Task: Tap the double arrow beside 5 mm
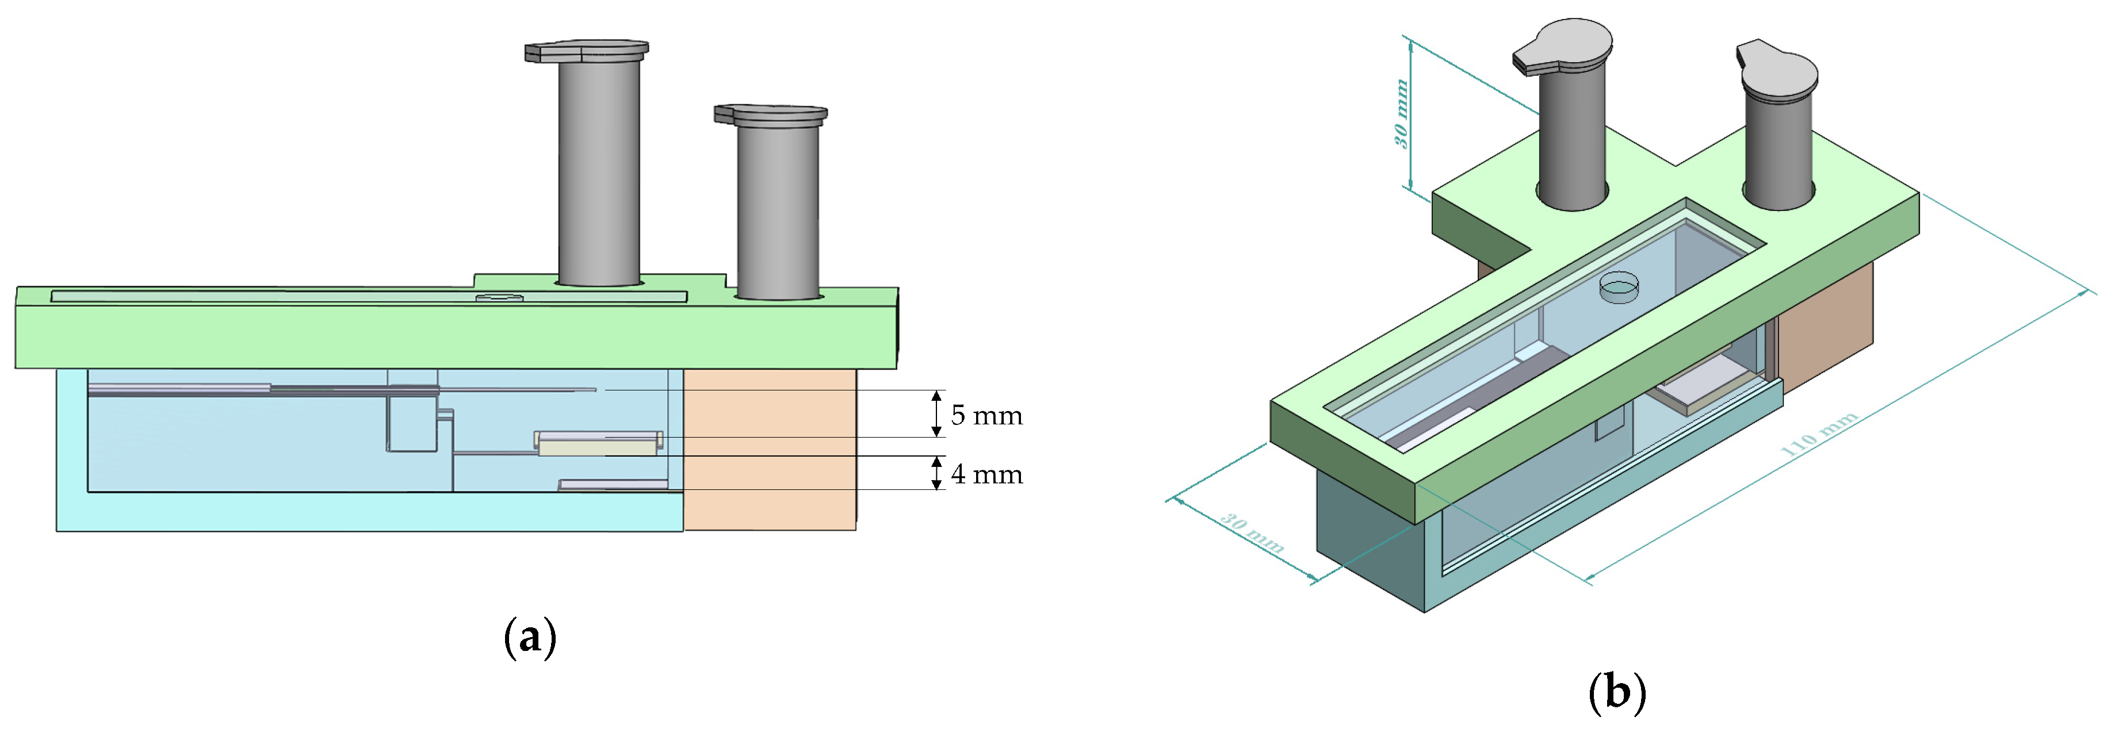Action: (936, 413)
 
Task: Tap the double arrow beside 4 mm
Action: (936, 473)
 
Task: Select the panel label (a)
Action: (530, 637)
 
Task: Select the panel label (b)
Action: (1617, 692)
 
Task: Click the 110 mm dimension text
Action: (1819, 434)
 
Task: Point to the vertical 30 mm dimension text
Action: (1402, 113)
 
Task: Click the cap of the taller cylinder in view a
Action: (586, 51)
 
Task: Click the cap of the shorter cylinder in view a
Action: (770, 114)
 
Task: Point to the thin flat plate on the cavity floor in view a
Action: (613, 485)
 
